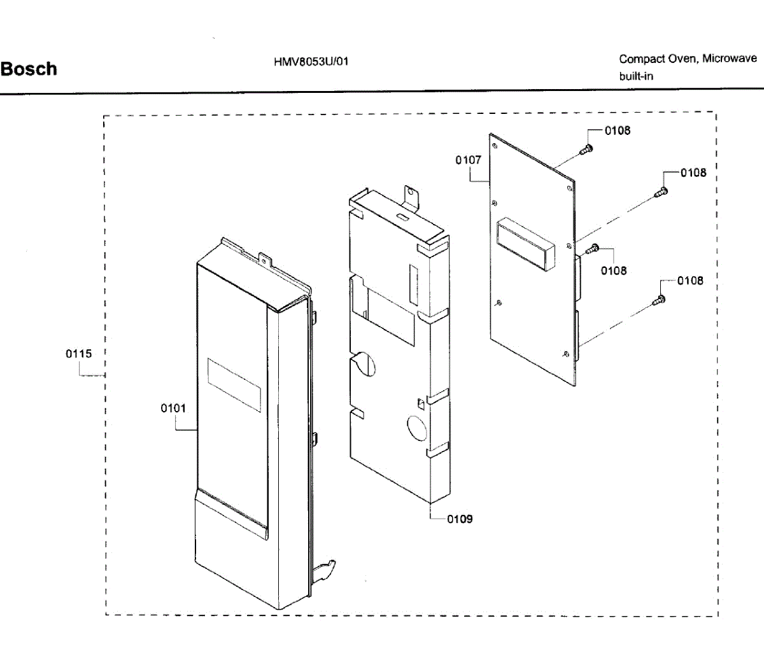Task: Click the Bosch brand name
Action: click(x=29, y=69)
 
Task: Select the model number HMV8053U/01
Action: click(x=311, y=62)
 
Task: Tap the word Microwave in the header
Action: click(x=730, y=59)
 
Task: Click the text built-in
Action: click(x=636, y=76)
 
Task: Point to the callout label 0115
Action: click(x=79, y=354)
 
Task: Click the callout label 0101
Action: click(x=173, y=408)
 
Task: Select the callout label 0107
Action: click(x=468, y=160)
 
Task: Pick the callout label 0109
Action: click(x=460, y=519)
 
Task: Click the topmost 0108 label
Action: click(x=618, y=130)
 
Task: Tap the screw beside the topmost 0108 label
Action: click(x=586, y=149)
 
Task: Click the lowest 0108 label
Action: click(x=690, y=281)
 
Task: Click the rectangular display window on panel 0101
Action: click(x=234, y=384)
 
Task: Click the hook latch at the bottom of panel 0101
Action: click(x=326, y=570)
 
